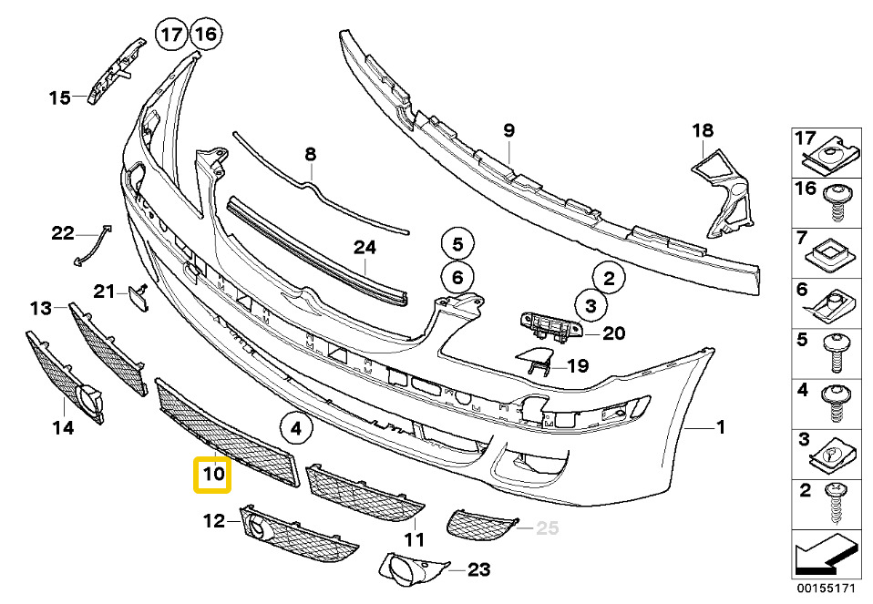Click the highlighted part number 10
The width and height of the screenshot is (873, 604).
(212, 474)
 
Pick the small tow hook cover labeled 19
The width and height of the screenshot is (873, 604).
(533, 363)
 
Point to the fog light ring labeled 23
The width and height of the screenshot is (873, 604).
(409, 570)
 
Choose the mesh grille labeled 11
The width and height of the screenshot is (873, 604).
(365, 493)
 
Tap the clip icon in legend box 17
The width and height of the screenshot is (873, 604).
(831, 159)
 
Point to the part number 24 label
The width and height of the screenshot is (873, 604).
(365, 246)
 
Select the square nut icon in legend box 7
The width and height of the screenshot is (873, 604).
(831, 251)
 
